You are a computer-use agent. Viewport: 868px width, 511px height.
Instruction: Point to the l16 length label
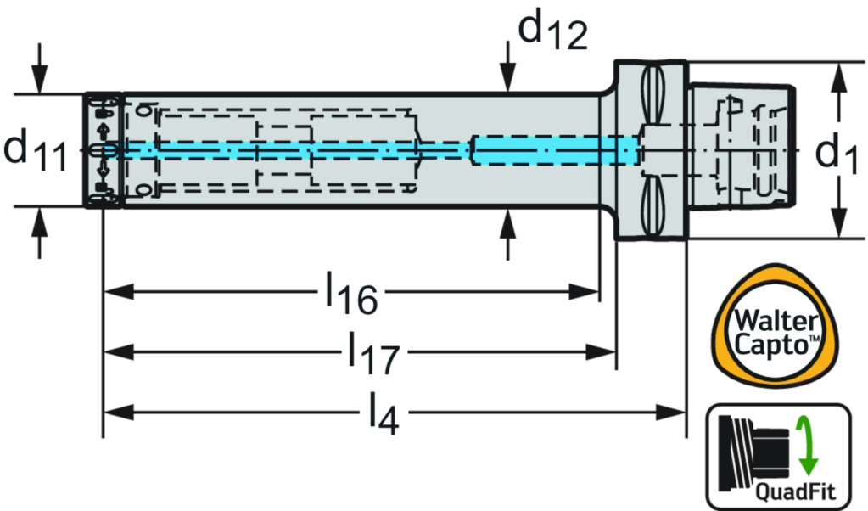pyautogui.click(x=351, y=294)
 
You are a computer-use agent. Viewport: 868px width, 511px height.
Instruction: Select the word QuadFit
pyautogui.click(x=794, y=491)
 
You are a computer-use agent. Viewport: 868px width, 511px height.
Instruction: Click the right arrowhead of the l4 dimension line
pyautogui.click(x=670, y=414)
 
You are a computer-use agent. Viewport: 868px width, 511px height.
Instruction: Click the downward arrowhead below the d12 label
pyautogui.click(x=507, y=80)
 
